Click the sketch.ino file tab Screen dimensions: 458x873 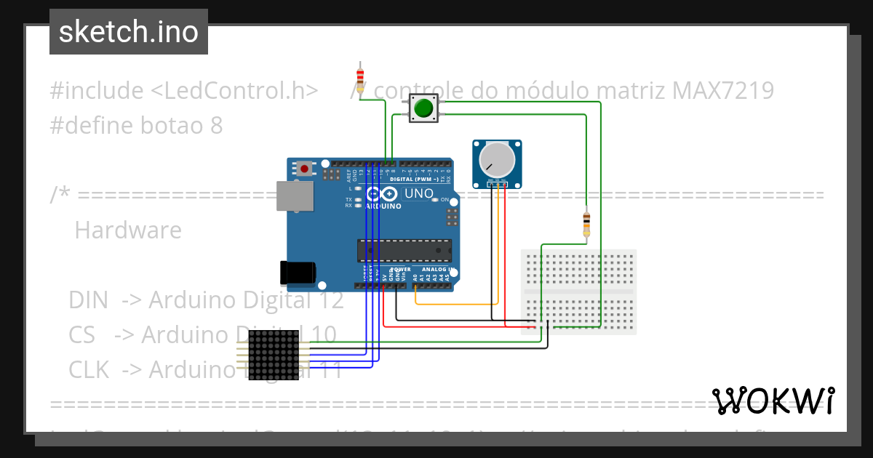coord(128,32)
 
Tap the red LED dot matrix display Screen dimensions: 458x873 coord(274,355)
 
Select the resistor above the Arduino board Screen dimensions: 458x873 coord(360,77)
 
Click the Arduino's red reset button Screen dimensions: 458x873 coord(304,169)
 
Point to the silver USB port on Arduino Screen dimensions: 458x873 coord(295,196)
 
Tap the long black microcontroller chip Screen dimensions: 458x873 coord(403,249)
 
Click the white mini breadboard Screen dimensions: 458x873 coord(579,292)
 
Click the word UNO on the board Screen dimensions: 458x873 coord(418,194)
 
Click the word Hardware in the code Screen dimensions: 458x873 coord(128,230)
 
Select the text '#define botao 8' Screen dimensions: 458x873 coord(136,126)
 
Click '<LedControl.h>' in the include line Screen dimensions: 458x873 coord(234,91)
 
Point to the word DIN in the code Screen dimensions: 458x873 coord(88,300)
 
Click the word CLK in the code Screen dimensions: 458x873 coord(89,370)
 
